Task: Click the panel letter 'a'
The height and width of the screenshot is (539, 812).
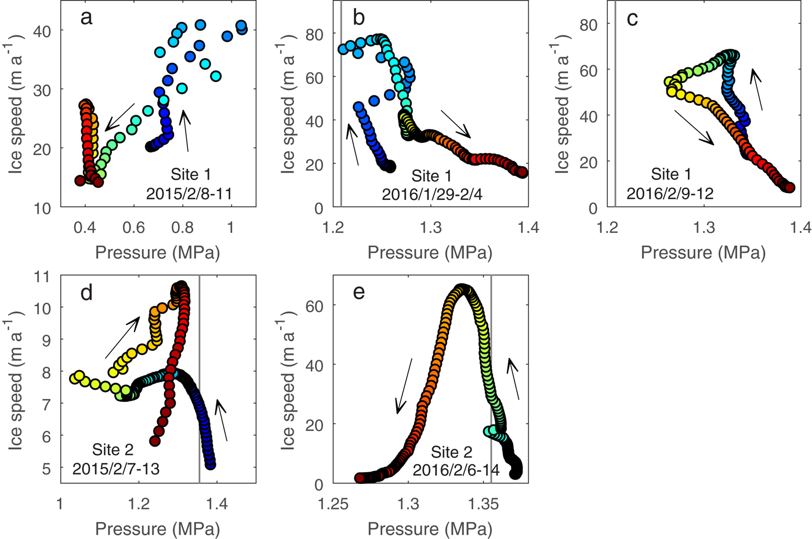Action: click(86, 18)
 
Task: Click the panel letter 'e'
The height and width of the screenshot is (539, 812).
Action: click(359, 292)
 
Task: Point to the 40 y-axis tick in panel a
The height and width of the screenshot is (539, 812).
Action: click(42, 31)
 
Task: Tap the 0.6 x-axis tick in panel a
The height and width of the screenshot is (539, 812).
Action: click(133, 227)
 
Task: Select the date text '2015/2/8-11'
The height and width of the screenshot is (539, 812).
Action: click(189, 193)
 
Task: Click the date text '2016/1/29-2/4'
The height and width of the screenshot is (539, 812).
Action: click(432, 195)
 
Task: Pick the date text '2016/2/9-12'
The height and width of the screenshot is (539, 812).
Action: click(670, 193)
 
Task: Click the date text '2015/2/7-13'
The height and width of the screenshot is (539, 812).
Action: click(116, 468)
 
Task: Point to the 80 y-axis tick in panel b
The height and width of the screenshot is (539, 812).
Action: click(315, 34)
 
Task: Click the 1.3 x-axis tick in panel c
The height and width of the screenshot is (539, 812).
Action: click(705, 227)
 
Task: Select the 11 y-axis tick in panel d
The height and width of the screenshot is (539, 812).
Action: click(42, 276)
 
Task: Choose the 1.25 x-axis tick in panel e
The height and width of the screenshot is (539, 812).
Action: click(333, 503)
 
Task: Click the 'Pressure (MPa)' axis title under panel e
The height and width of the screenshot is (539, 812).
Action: click(430, 529)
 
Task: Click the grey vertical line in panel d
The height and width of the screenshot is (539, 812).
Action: click(200, 378)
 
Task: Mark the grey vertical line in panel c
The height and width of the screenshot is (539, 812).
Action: click(615, 105)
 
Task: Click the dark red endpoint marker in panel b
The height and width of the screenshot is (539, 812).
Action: click(522, 172)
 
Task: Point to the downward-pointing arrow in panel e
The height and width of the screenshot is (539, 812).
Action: click(404, 386)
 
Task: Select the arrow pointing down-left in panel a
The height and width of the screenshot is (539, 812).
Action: click(120, 116)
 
